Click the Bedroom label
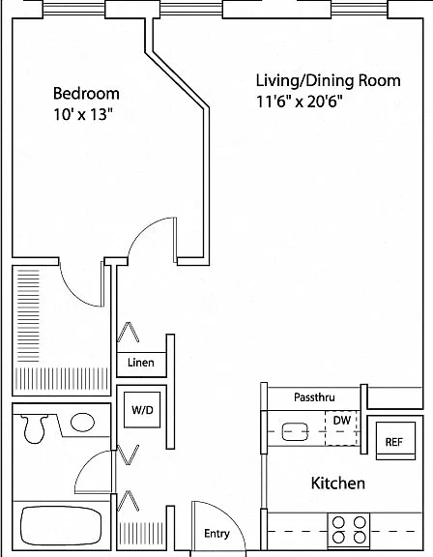click(86, 94)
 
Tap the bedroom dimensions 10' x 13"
click(83, 114)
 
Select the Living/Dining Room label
click(329, 81)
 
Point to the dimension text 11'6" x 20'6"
click(300, 102)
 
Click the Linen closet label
click(141, 363)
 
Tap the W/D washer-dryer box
click(142, 410)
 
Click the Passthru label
click(314, 396)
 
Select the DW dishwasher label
click(342, 421)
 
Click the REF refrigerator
click(395, 441)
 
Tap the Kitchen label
click(338, 484)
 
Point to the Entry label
click(216, 534)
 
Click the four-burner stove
click(349, 530)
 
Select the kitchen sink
click(295, 431)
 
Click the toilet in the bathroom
click(35, 428)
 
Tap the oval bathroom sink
click(83, 423)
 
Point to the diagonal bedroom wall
click(177, 79)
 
